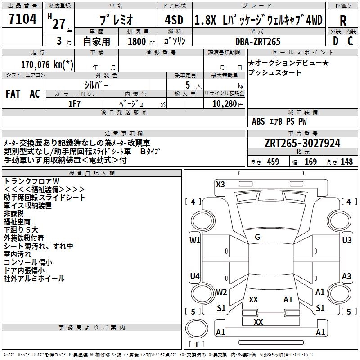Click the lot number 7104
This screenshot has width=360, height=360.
point(22,20)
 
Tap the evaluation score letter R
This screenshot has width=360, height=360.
point(343,21)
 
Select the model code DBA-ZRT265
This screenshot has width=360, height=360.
point(257,41)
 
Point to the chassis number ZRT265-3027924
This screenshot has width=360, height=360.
point(302,144)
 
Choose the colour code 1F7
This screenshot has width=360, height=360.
point(74,103)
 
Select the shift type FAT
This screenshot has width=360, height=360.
point(13,94)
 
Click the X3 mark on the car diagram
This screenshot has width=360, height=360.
point(220,184)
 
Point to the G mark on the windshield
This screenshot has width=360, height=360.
point(257,237)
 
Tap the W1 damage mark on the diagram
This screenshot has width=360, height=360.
point(194,240)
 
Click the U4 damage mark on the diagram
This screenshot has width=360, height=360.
point(194,276)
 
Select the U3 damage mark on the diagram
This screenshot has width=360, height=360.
point(347,240)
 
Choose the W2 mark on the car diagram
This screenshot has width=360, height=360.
point(221,292)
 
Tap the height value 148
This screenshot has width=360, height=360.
point(346,162)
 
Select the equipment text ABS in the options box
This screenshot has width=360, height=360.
point(258,121)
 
